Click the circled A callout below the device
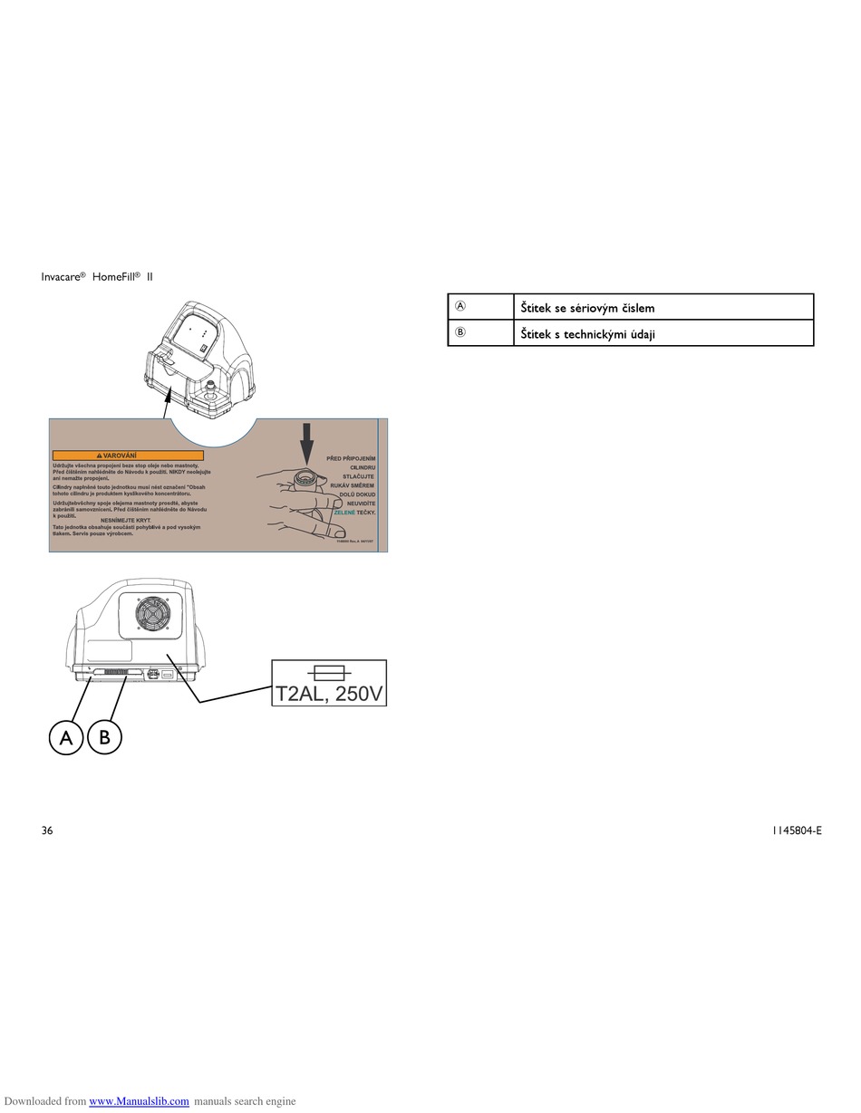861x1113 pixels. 65,737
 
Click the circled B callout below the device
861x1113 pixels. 104,737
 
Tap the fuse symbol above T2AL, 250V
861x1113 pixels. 329,672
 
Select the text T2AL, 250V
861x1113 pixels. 329,694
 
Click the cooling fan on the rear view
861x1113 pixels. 153,616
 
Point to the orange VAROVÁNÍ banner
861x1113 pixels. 128,456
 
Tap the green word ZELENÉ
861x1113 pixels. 344,513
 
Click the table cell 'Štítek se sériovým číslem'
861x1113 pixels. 587,308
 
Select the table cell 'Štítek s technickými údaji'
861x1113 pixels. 587,334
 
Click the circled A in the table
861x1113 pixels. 460,307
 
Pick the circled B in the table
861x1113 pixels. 460,333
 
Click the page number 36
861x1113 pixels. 47,830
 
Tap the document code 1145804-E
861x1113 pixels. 797,830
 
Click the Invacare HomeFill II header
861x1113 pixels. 97,276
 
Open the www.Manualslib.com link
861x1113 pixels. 139,1101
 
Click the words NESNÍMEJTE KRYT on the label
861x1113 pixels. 125,521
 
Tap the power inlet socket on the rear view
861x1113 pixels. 153,674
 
